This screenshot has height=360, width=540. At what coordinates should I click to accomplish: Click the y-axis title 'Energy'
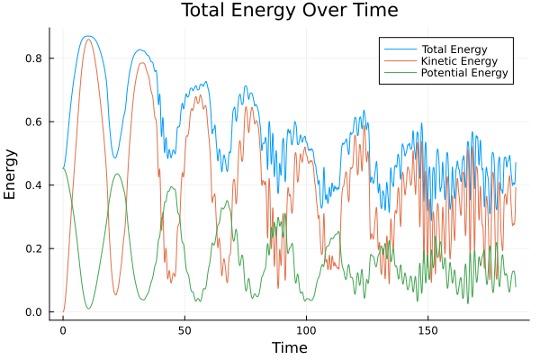pyautogui.click(x=11, y=178)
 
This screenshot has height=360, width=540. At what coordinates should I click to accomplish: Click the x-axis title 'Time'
pyautogui.click(x=289, y=347)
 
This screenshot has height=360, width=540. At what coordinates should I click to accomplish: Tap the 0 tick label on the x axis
pyautogui.click(x=63, y=330)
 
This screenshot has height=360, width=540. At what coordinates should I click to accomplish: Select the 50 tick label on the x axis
pyautogui.click(x=184, y=330)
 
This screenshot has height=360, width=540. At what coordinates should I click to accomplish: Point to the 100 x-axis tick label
pyautogui.click(x=306, y=330)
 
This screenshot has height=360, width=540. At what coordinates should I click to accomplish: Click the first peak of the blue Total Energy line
pyautogui.click(x=87, y=36)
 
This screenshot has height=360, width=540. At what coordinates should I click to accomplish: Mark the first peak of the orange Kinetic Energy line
pyautogui.click(x=87, y=40)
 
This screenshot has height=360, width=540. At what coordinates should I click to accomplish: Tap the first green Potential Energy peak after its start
pyautogui.click(x=116, y=174)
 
